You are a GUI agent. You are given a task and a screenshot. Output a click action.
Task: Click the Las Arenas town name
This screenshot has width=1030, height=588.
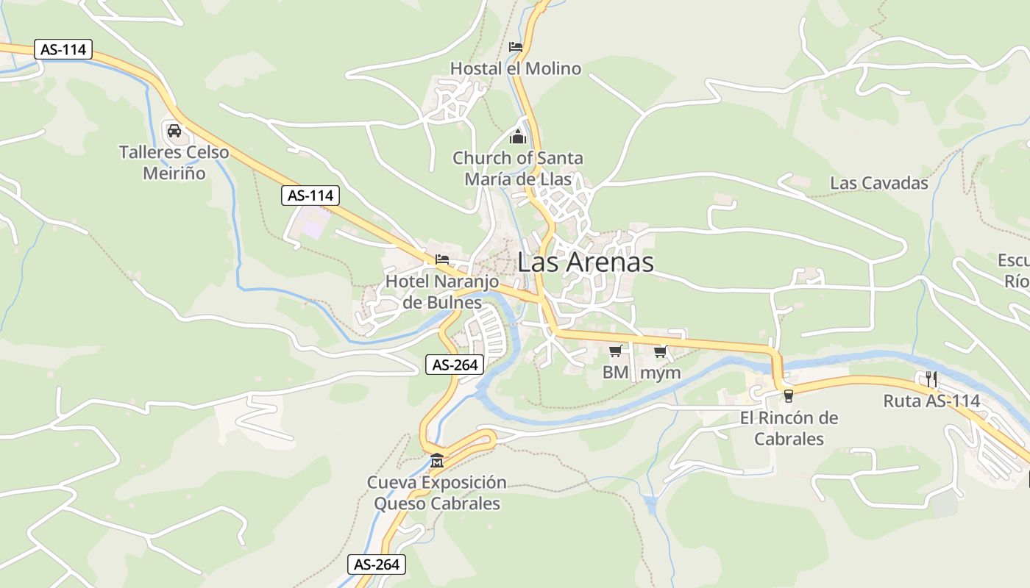(x=586, y=262)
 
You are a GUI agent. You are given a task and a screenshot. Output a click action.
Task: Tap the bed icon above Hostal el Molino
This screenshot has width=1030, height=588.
(x=516, y=47)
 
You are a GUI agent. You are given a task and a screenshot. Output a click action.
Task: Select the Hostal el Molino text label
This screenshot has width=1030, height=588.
(x=515, y=68)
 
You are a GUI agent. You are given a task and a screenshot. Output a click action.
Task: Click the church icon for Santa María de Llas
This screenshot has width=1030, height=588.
(x=518, y=137)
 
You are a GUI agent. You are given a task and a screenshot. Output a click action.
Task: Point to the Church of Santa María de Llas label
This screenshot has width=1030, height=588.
(x=517, y=168)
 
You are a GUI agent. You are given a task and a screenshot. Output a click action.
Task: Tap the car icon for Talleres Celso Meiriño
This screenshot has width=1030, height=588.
(x=174, y=131)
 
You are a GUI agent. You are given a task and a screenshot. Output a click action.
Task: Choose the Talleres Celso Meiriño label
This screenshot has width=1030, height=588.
(x=174, y=163)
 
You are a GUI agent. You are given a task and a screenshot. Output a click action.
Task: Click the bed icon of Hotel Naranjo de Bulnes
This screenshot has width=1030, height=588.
(x=442, y=259)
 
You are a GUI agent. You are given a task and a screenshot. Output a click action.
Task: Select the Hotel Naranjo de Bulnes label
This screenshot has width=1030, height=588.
(x=442, y=292)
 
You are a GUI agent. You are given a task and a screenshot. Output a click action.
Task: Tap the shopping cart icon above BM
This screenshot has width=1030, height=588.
(x=616, y=351)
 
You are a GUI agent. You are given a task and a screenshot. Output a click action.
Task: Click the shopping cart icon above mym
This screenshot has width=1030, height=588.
(x=660, y=351)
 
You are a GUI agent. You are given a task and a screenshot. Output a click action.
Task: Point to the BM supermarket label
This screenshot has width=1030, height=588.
(x=616, y=373)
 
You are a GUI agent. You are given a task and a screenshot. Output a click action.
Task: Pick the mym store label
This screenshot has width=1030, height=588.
(x=661, y=373)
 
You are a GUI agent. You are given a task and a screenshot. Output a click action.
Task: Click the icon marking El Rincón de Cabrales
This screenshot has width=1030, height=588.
(x=789, y=396)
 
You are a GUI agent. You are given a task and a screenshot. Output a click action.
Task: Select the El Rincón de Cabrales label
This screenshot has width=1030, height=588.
(x=789, y=429)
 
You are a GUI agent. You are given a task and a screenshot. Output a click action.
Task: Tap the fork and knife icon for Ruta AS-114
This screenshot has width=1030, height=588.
(x=931, y=379)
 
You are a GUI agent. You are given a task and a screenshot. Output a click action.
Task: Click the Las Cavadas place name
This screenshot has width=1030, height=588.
(x=879, y=183)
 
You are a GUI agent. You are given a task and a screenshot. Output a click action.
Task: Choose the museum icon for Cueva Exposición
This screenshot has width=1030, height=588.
(x=437, y=461)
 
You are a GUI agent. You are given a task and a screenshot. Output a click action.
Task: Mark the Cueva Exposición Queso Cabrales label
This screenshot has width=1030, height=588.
(x=437, y=493)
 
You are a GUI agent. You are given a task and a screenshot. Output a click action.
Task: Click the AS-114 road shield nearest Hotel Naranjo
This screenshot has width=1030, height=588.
(x=310, y=196)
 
